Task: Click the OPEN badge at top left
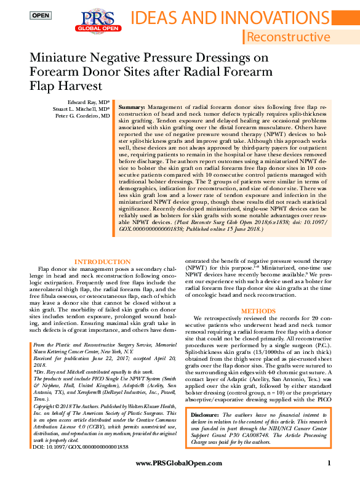[x=41, y=15]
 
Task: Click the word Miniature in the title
[x=62, y=58]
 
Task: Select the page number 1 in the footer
[x=329, y=463]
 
